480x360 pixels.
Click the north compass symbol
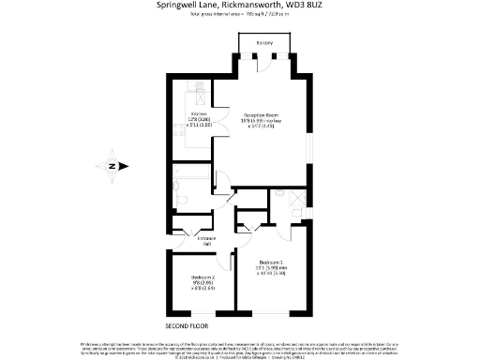[x=112, y=166]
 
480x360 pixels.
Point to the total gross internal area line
[x=239, y=15]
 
